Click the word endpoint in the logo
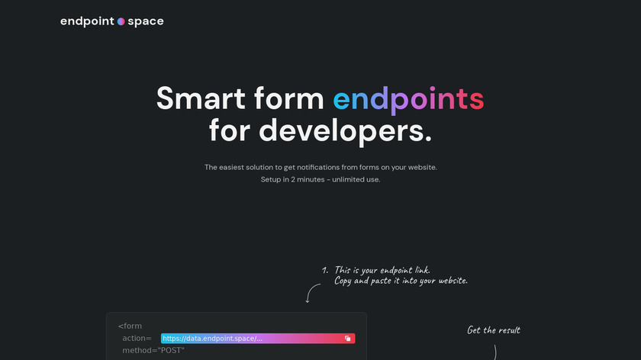[87, 21]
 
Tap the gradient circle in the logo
[121, 21]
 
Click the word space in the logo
[146, 21]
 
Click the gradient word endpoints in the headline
[408, 99]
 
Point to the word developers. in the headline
[345, 131]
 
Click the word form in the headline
[288, 98]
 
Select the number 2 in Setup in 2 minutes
[293, 179]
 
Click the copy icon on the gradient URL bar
[347, 339]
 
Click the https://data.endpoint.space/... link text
[213, 339]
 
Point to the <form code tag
[130, 326]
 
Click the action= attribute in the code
[137, 339]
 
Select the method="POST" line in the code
[153, 350]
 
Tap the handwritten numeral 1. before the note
[325, 270]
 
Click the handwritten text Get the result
[494, 330]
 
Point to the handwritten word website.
[453, 281]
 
